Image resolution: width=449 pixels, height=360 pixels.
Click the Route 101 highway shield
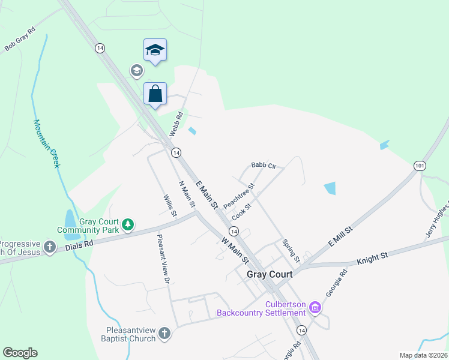420,165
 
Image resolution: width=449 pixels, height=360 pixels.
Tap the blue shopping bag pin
155,94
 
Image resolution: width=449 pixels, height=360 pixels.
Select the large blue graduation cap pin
155,50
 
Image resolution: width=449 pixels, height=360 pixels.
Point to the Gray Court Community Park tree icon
127,225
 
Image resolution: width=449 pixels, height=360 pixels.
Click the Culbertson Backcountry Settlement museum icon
315,308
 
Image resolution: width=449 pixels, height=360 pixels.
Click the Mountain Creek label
46,143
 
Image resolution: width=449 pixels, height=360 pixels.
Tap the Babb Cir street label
264,166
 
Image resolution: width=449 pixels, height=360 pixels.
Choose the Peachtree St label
239,196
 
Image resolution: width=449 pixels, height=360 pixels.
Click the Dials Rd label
80,244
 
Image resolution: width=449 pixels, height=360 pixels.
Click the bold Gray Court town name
270,274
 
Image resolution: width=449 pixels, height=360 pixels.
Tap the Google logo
20,353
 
